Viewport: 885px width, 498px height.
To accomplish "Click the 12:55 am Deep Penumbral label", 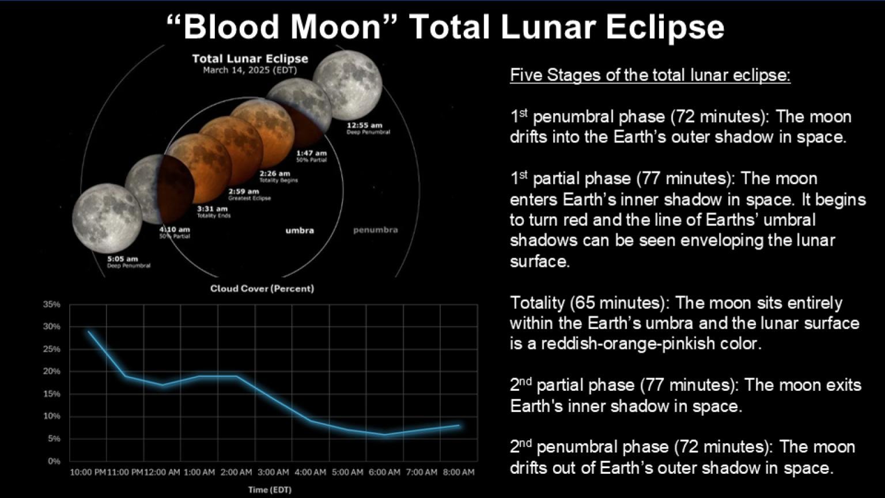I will pyautogui.click(x=368, y=128).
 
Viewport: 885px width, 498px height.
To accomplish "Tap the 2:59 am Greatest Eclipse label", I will pyautogui.click(x=249, y=194).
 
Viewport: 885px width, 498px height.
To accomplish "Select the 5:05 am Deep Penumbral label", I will pyautogui.click(x=128, y=262).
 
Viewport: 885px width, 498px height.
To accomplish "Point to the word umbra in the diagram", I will pyautogui.click(x=300, y=231).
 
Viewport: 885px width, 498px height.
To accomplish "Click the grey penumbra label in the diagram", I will pyautogui.click(x=375, y=230).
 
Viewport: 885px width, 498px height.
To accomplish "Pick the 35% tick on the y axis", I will pyautogui.click(x=52, y=304).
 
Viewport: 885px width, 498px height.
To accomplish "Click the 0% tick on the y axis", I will pyautogui.click(x=54, y=461).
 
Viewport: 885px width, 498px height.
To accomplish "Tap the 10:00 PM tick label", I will pyautogui.click(x=88, y=473).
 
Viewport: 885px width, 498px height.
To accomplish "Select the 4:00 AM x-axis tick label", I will pyautogui.click(x=310, y=473).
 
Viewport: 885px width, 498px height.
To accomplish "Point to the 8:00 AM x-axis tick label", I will pyautogui.click(x=459, y=473).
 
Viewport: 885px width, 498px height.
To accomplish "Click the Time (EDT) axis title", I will pyautogui.click(x=270, y=490).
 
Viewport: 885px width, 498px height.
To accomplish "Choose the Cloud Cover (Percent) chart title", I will pyautogui.click(x=262, y=289).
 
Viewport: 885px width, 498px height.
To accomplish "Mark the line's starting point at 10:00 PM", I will pyautogui.click(x=88, y=331).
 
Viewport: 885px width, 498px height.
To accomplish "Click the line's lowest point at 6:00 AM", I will pyautogui.click(x=385, y=435).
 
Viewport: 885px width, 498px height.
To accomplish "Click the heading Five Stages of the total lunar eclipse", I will pyautogui.click(x=650, y=76).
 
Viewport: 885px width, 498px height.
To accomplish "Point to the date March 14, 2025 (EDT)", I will pyautogui.click(x=249, y=70).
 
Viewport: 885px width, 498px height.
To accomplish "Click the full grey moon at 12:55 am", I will pyautogui.click(x=347, y=85).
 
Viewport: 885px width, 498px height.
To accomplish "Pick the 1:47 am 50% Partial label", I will pyautogui.click(x=311, y=156).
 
